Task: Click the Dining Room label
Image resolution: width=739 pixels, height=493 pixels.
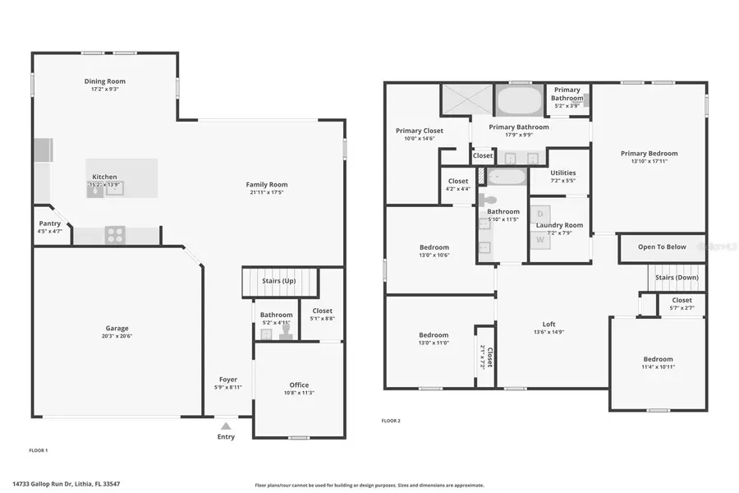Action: click(105, 81)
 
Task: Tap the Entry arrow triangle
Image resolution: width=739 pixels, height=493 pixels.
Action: click(226, 426)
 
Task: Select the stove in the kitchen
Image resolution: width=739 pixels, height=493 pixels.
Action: click(115, 234)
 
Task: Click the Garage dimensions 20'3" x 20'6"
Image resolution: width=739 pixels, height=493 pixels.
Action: click(117, 335)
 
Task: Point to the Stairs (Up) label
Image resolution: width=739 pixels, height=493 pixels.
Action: click(279, 281)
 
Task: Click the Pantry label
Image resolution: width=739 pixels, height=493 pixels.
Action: click(49, 223)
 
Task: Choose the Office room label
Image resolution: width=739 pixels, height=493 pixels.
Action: click(299, 385)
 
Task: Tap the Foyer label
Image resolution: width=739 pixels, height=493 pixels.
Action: click(228, 380)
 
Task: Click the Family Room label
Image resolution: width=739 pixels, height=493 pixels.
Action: click(267, 184)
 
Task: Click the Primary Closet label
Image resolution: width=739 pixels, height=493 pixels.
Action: click(420, 131)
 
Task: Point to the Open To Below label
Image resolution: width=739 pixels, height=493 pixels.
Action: click(662, 246)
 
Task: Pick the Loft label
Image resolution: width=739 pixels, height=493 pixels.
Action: click(549, 324)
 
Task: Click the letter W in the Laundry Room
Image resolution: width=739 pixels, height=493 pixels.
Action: click(540, 240)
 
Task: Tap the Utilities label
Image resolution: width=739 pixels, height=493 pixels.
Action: click(563, 173)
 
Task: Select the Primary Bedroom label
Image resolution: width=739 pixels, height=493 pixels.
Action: click(649, 153)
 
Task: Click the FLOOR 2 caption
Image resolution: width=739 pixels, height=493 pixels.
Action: click(391, 421)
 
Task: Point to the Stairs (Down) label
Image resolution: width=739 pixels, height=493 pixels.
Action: click(677, 277)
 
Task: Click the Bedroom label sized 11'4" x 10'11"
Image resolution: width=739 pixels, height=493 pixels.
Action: click(658, 359)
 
